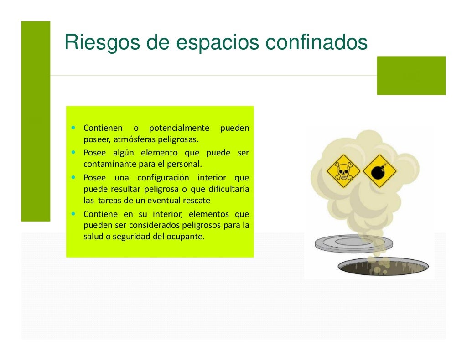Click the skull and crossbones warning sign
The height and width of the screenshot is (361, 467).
click(343, 171)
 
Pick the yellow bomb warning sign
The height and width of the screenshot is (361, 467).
click(379, 171)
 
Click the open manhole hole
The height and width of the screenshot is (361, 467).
click(383, 266)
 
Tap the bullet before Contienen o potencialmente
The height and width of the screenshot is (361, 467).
click(73, 128)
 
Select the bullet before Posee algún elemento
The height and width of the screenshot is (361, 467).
click(73, 152)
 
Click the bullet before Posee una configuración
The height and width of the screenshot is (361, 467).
click(73, 177)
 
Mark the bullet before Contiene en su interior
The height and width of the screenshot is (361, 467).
click(73, 213)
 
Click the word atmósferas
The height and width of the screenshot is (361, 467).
click(133, 139)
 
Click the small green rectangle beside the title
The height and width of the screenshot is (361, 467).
click(411, 75)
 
